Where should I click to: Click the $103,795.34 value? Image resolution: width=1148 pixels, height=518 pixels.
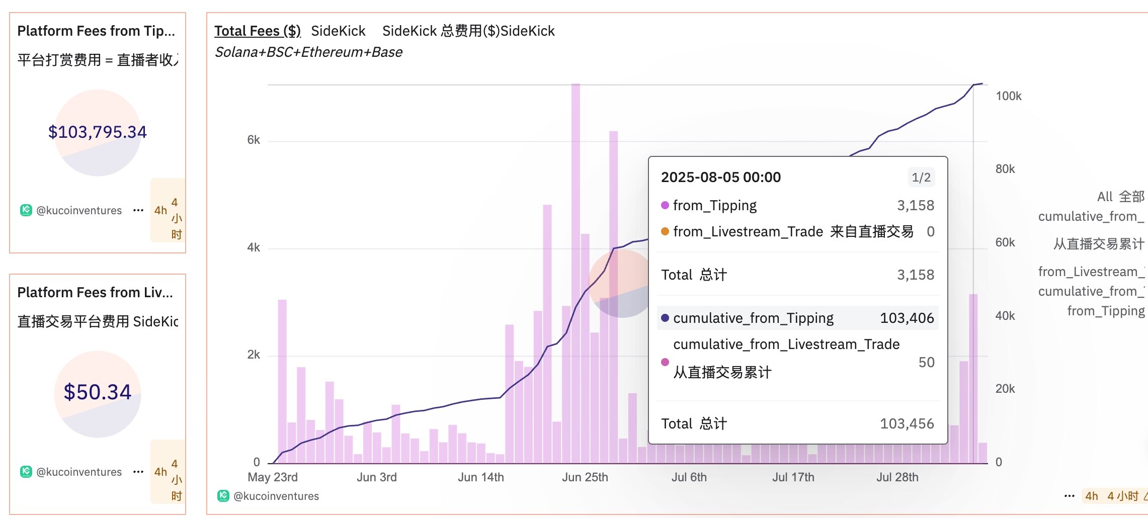(x=97, y=132)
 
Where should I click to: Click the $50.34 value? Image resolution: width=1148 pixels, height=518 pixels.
(x=97, y=392)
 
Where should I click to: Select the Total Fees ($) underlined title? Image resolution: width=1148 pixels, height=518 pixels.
(x=257, y=31)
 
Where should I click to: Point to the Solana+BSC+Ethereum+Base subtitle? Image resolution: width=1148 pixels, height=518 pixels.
(x=308, y=52)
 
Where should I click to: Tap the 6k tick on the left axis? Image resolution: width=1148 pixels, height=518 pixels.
(x=254, y=140)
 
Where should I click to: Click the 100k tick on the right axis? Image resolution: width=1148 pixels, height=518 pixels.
(x=1008, y=96)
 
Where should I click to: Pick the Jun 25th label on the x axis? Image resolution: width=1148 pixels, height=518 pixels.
(x=585, y=477)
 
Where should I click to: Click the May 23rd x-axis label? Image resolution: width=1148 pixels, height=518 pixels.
(x=273, y=477)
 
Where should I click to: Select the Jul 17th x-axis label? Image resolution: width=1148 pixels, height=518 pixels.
(x=793, y=477)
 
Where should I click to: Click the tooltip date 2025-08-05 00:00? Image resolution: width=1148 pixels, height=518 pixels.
(x=720, y=178)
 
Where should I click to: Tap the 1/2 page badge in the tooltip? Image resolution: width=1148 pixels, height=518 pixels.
(x=921, y=178)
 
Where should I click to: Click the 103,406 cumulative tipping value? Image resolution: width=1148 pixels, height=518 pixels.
(x=907, y=318)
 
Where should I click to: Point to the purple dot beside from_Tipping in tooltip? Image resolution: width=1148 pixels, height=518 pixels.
(x=665, y=205)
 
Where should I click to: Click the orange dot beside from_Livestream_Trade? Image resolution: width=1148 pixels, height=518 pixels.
(x=665, y=231)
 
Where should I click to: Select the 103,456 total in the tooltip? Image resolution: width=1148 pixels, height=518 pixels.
(x=907, y=424)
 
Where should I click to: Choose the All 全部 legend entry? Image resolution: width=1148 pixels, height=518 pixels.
(x=1120, y=197)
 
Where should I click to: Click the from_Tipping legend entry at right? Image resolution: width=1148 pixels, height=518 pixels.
(x=1106, y=311)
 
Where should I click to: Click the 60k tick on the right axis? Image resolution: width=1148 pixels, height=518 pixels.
(x=1005, y=243)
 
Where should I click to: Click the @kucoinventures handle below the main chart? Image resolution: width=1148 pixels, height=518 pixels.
(x=276, y=496)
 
